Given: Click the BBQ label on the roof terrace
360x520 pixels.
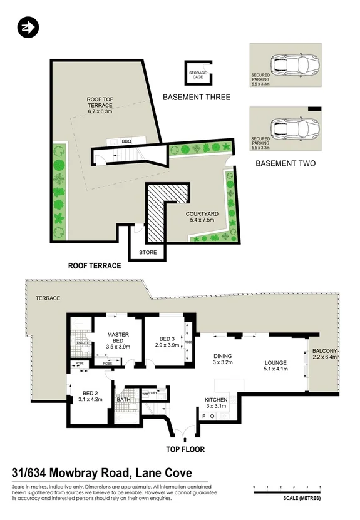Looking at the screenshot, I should (126, 141).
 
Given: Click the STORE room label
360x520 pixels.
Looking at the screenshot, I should (148, 252).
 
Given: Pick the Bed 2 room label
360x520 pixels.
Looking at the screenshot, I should (90, 395).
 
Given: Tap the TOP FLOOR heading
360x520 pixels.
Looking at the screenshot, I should (185, 449).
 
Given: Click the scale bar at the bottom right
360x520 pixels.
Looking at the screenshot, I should (287, 491).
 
